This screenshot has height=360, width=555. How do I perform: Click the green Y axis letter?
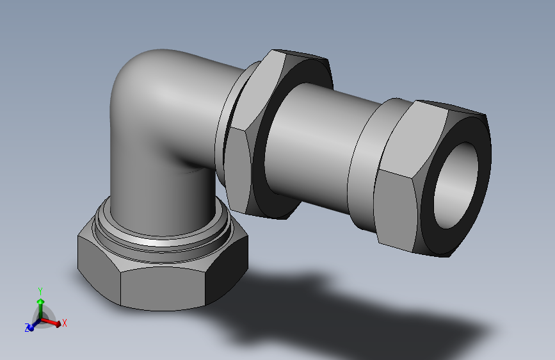pos(40,291)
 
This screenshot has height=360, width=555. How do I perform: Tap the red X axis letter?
pos(65,323)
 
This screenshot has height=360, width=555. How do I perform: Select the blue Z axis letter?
pos(27,328)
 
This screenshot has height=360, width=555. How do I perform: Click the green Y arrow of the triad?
pos(41,307)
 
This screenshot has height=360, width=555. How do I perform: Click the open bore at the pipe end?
pos(456,184)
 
